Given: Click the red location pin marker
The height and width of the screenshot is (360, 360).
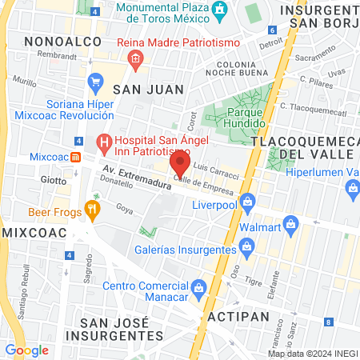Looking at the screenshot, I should pyautogui.click(x=180, y=163).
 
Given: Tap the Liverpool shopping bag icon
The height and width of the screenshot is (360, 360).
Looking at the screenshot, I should pyautogui.click(x=248, y=200).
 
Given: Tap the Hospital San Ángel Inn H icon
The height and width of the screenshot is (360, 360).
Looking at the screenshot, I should pyautogui.click(x=102, y=144).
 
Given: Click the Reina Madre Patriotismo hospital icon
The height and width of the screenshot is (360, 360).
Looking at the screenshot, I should pyautogui.click(x=135, y=58).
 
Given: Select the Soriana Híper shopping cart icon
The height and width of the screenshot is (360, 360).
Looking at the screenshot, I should pyautogui.click(x=96, y=81).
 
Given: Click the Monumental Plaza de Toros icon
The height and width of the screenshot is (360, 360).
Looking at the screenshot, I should pyautogui.click(x=225, y=10).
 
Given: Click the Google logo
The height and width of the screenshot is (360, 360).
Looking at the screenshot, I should pyautogui.click(x=26, y=350).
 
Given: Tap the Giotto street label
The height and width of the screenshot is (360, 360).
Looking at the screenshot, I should pyautogui.click(x=53, y=180).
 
